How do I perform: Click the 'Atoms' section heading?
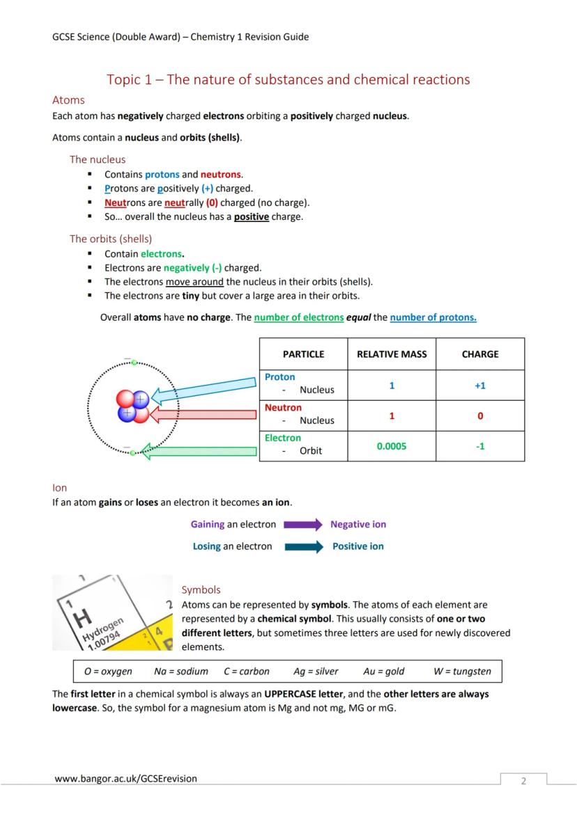point(68,100)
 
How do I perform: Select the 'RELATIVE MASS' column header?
point(392,354)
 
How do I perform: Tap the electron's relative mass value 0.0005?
point(392,447)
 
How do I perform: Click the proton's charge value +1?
point(480,386)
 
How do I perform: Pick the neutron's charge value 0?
point(480,416)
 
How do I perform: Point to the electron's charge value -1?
point(480,447)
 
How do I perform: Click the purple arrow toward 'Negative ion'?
point(303,525)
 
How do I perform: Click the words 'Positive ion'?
point(357,547)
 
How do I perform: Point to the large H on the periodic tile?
point(82,616)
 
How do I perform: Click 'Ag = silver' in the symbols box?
point(316,672)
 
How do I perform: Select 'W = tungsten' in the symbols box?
point(462,672)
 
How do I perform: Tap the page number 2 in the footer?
point(524,781)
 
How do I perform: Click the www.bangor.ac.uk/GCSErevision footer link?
point(125,779)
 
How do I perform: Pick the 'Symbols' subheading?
point(201,590)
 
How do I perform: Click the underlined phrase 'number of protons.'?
point(433,317)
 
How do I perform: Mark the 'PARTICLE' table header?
point(303,354)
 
